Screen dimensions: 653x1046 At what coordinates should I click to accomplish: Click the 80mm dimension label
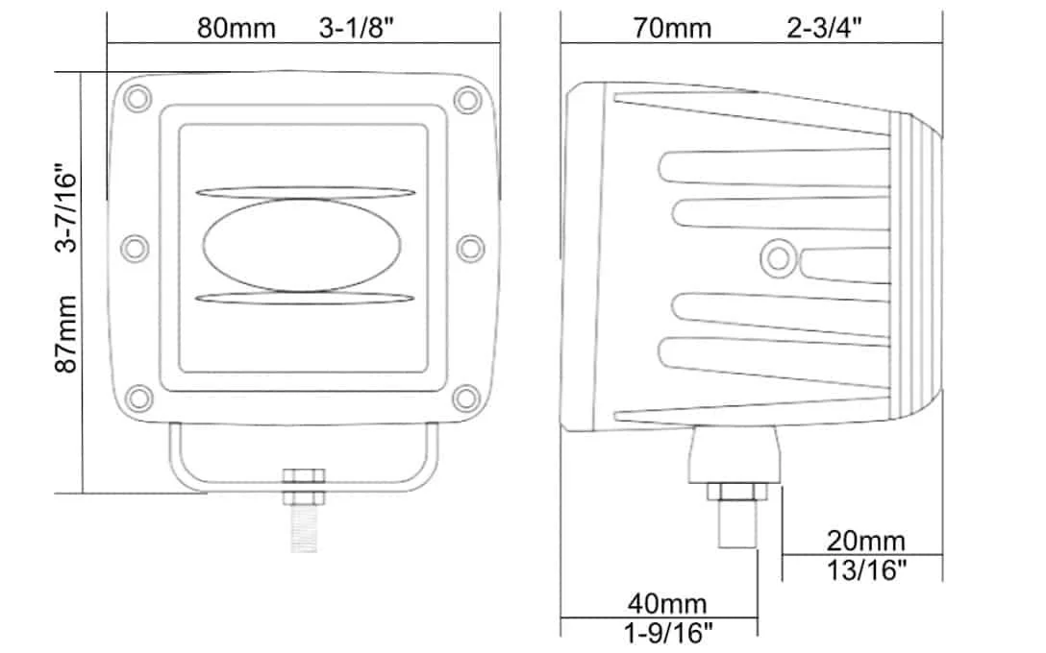click(237, 28)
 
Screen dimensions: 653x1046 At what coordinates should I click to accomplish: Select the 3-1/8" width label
click(358, 28)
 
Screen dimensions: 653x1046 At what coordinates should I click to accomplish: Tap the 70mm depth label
click(672, 28)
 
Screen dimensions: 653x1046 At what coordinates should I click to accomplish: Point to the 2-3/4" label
click(823, 28)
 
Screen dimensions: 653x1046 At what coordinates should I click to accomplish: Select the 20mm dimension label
click(865, 541)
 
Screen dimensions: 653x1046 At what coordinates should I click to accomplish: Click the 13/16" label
click(867, 570)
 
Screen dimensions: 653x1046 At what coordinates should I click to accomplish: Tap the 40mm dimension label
click(667, 604)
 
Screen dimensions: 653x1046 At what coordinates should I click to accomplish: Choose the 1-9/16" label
click(667, 633)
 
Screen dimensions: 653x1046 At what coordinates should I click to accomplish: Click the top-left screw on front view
click(137, 98)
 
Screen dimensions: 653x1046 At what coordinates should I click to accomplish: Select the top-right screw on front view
click(468, 98)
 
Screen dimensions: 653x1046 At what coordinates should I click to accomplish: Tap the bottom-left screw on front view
click(137, 396)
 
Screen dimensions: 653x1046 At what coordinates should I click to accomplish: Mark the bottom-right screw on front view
click(468, 396)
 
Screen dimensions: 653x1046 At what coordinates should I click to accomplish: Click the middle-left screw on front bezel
click(136, 248)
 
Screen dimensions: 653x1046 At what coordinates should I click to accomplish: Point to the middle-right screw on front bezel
click(470, 248)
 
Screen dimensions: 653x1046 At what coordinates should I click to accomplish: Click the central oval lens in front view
click(303, 246)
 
